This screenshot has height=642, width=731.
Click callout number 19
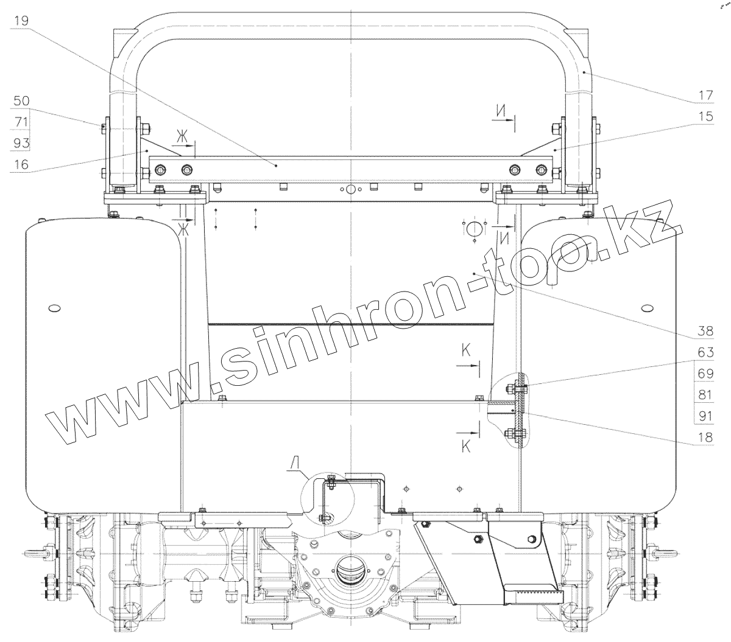(21, 21)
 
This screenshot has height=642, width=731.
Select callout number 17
(705, 95)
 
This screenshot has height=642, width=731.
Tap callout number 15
(705, 116)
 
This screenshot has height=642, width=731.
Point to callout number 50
(21, 100)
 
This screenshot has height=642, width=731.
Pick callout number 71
(21, 122)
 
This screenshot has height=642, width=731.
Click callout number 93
(21, 143)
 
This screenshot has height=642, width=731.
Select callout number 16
(21, 164)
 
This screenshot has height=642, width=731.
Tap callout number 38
(705, 330)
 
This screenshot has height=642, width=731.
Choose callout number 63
(705, 352)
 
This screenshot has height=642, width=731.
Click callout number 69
(705, 373)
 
